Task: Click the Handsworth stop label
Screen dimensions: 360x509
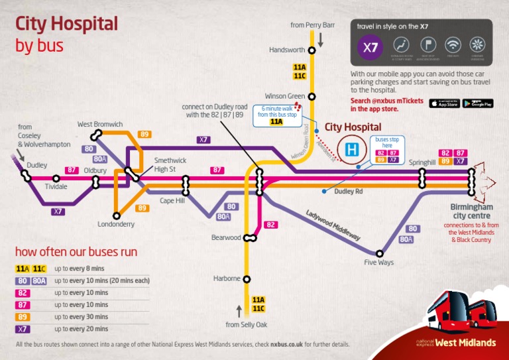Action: pos(287,50)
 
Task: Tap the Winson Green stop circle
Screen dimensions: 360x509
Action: pos(312,96)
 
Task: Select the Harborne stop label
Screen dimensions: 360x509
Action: pos(227,278)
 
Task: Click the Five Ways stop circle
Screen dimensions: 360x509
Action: pos(380,253)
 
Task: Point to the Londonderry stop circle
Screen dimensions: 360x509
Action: pos(117,215)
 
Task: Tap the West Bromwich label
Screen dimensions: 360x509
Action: pos(100,124)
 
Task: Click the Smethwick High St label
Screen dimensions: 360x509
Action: pos(170,164)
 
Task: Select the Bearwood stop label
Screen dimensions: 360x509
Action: pos(226,237)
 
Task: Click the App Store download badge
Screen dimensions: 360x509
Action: pos(444,103)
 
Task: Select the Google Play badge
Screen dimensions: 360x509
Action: pos(477,103)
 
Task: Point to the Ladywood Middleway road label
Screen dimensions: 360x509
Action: pos(333,225)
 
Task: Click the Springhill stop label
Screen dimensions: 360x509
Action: pos(422,162)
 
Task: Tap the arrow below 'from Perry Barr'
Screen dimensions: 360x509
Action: pos(320,40)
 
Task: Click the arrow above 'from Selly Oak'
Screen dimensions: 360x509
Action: pos(239,311)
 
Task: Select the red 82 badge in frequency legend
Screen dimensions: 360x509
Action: pos(23,292)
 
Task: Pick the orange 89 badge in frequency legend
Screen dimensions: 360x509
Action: pos(23,316)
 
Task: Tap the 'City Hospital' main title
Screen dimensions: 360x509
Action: pos(66,25)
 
